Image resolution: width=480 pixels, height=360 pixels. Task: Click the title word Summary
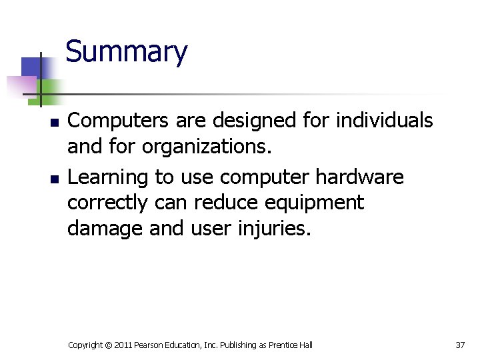[x=127, y=52]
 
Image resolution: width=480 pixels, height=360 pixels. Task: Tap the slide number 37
[x=460, y=345]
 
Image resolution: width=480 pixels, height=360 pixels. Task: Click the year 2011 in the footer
[x=123, y=345]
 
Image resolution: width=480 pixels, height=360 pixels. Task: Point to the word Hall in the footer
[x=305, y=345]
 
